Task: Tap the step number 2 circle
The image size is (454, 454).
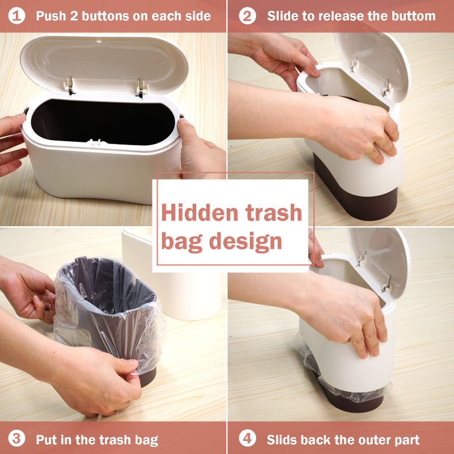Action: tap(247, 16)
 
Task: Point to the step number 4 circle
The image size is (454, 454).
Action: tap(247, 438)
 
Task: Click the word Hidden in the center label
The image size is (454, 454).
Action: tap(196, 212)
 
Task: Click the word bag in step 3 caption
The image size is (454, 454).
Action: tap(143, 439)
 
